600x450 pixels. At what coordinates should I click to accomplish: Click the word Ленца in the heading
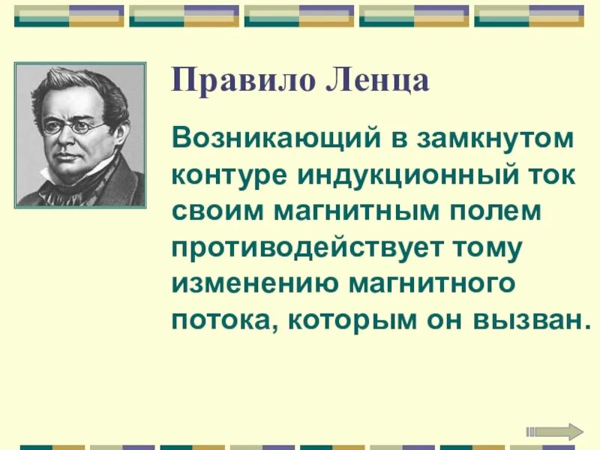point(379,80)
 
